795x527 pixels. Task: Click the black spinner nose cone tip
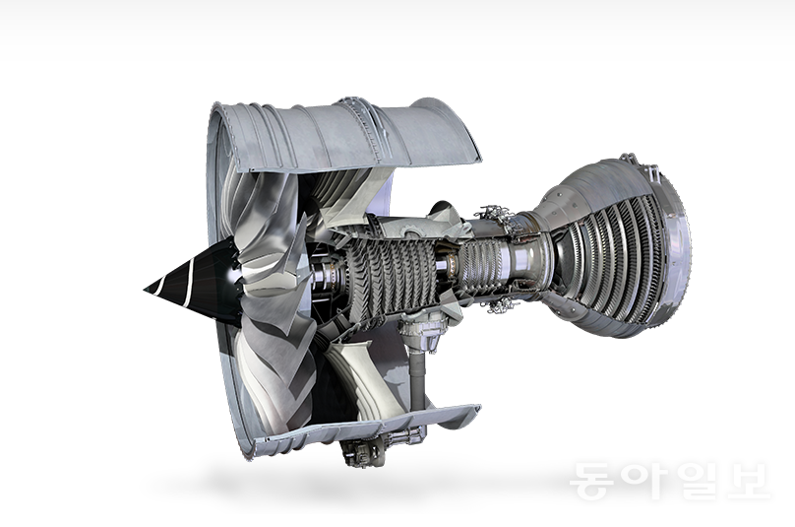click(145, 290)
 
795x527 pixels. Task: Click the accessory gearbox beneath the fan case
click(370, 449)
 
